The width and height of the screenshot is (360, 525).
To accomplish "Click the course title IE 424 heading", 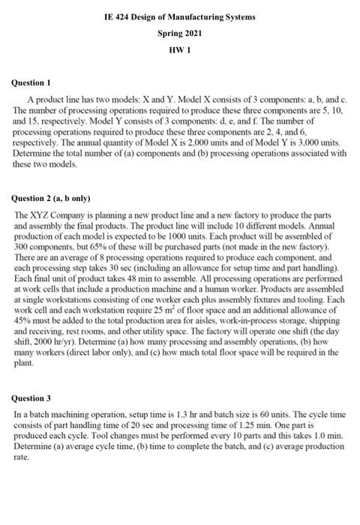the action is click(x=179, y=16).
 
